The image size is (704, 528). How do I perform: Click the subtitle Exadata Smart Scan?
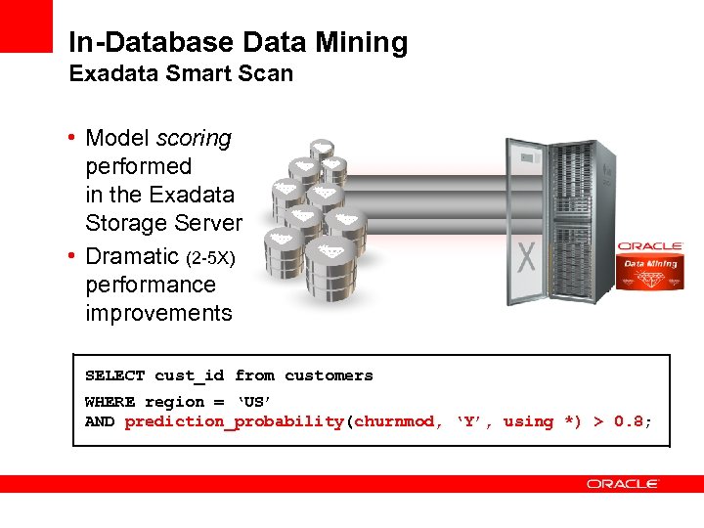181,74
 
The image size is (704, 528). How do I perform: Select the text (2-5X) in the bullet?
210,257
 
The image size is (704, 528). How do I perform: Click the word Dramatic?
132,256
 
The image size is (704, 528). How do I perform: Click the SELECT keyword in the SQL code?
114,375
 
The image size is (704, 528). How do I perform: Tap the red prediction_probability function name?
235,421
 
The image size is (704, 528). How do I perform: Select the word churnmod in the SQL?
394,421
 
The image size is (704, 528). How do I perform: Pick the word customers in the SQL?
329,375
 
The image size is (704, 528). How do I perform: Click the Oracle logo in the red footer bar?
623,484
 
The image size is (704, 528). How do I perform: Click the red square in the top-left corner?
25,25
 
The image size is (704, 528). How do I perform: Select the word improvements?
159,313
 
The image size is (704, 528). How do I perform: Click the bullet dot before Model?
73,137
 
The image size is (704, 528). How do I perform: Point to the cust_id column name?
190,375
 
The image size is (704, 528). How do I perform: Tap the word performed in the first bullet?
139,166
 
